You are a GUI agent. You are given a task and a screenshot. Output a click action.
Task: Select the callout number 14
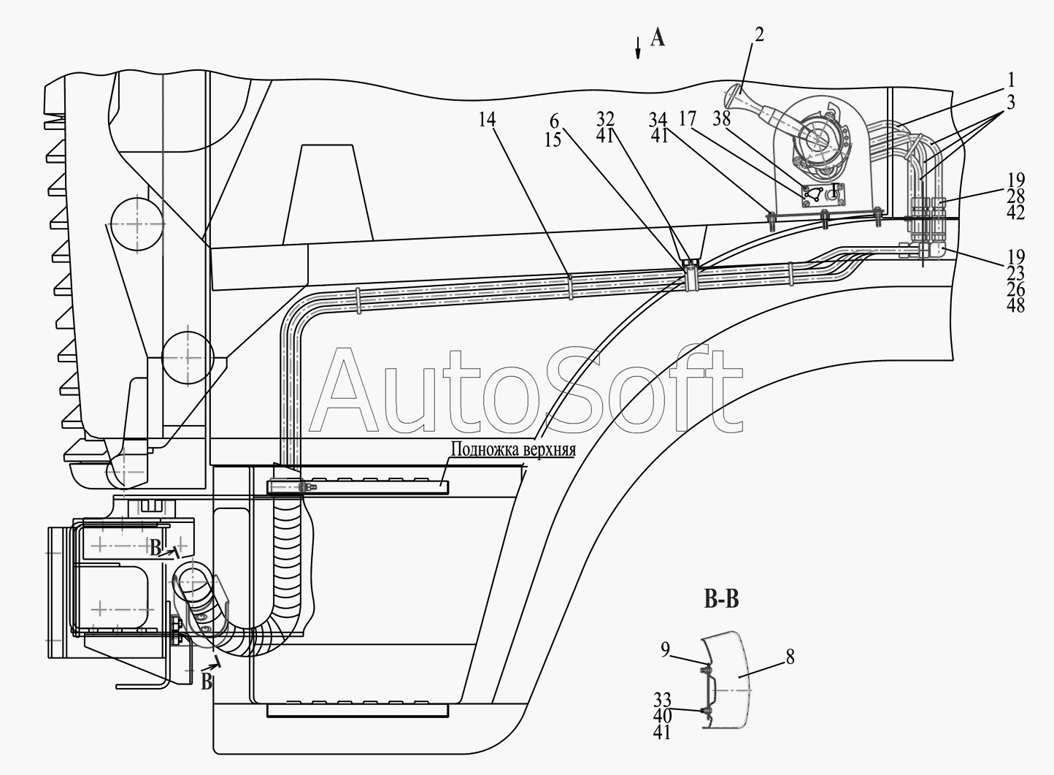coord(488,120)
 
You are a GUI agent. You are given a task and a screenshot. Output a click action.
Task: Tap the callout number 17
coord(688,118)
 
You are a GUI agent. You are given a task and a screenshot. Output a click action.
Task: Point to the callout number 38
coord(721,118)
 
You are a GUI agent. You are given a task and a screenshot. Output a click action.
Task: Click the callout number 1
coord(1010,80)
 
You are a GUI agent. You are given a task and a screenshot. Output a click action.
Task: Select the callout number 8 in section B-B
coord(790,657)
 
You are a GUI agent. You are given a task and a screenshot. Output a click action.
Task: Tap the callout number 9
coord(665,649)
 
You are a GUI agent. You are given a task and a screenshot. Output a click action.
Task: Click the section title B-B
coord(721,600)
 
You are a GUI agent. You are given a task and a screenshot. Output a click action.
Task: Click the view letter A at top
coord(658,38)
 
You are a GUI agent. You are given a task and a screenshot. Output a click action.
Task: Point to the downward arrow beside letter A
coord(638,48)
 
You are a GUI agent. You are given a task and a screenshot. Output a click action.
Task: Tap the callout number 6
coord(554,121)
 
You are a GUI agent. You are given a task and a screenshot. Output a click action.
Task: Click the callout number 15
coord(553,139)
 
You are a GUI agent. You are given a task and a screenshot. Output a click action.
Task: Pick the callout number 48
coord(1016,305)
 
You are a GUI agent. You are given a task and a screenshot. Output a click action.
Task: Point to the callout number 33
coord(662,700)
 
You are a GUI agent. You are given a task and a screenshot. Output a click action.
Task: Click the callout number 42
coord(1016,213)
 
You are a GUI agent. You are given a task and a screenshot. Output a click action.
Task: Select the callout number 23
coord(1016,273)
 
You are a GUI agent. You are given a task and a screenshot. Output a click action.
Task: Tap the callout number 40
coord(662,716)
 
